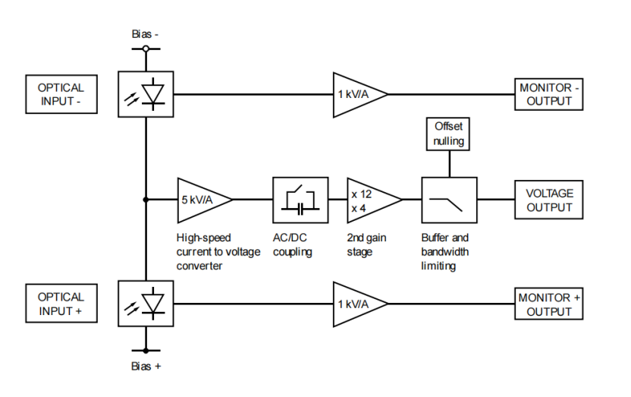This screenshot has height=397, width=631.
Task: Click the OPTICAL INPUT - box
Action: click(61, 94)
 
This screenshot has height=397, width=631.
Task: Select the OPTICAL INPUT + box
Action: click(61, 304)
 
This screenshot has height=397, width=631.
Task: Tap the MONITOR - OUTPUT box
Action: click(550, 94)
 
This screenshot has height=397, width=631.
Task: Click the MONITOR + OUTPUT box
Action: click(550, 304)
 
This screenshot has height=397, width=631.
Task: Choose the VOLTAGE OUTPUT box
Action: click(550, 200)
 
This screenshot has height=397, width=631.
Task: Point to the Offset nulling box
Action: click(448, 134)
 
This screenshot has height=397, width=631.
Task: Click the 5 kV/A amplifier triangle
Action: click(200, 200)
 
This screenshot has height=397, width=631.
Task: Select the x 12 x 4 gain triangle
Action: click(370, 200)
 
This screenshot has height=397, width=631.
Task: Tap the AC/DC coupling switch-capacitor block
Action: click(300, 200)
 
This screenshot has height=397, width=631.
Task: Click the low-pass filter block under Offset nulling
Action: click(449, 200)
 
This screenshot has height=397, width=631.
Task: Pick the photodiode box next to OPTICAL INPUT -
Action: click(146, 94)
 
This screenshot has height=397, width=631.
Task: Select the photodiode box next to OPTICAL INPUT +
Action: click(146, 304)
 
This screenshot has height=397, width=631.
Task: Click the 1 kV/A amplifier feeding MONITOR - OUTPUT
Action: click(356, 94)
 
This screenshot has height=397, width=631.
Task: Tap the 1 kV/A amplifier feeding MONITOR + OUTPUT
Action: click(356, 304)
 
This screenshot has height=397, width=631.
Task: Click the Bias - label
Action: click(145, 34)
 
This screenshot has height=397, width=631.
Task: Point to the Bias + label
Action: click(145, 366)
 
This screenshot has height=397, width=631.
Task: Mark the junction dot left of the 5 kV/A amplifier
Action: click(146, 200)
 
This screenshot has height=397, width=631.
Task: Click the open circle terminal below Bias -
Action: click(146, 49)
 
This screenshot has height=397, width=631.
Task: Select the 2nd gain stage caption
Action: click(366, 244)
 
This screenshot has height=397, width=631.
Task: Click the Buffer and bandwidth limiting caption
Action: click(445, 251)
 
